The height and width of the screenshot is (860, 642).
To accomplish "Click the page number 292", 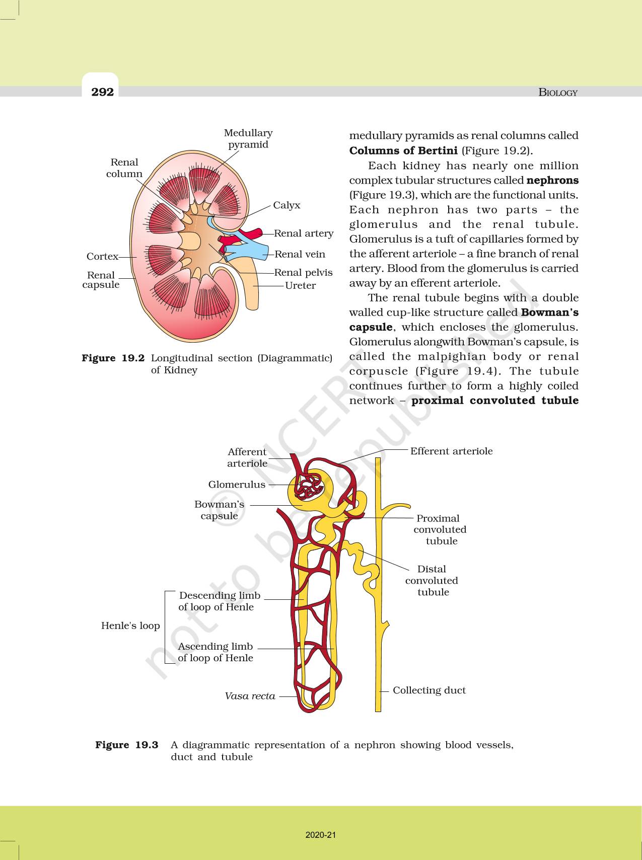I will [x=102, y=92].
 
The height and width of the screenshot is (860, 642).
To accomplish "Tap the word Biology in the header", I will [x=558, y=92].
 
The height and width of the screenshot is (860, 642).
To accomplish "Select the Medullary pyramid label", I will [x=248, y=138].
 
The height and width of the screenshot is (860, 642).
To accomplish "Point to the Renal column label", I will [x=124, y=168].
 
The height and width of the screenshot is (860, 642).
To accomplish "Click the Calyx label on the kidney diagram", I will [x=287, y=205].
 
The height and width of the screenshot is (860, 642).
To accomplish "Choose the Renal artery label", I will [x=304, y=233].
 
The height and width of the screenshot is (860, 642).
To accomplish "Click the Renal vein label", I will [x=300, y=254].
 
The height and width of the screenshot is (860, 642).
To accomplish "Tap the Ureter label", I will [x=300, y=285].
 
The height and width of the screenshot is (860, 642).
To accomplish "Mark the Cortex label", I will [x=102, y=256].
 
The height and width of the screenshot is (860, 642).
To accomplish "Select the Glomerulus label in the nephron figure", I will [x=237, y=484].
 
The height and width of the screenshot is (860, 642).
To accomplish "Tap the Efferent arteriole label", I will [x=451, y=451].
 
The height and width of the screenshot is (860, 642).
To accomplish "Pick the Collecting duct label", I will [x=429, y=690].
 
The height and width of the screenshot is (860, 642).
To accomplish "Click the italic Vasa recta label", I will [x=250, y=696].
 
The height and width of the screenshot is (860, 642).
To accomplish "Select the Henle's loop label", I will [x=130, y=626].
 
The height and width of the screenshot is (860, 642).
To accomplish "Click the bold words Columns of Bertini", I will [x=403, y=150].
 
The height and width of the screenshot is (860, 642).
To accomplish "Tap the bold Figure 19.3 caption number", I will [x=127, y=745].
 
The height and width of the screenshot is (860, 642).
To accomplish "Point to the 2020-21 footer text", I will [x=321, y=835].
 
